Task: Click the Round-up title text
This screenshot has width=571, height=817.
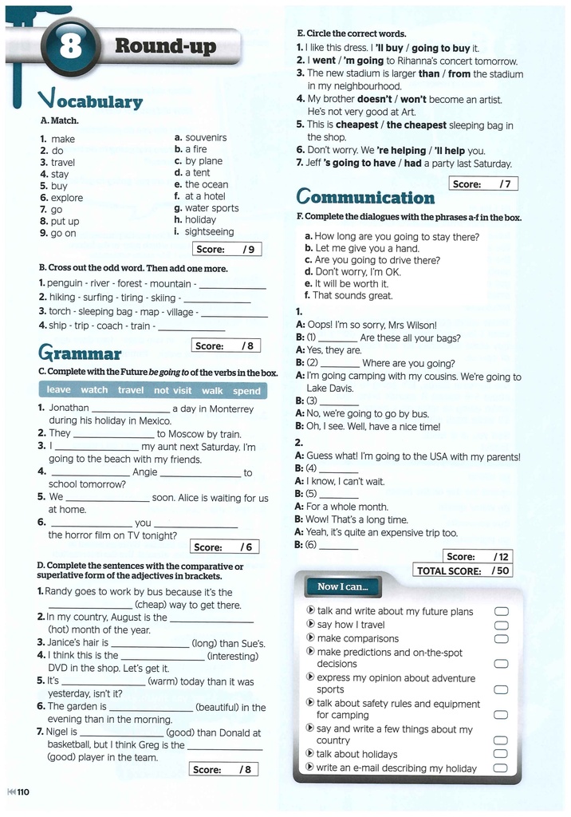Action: coord(165,45)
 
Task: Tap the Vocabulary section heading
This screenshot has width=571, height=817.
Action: coord(90,100)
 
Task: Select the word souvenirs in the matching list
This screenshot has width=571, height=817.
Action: coord(206,137)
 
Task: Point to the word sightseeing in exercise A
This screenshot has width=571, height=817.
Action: coord(210,231)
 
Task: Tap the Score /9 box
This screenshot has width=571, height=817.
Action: coord(227,249)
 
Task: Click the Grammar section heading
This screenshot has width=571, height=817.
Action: coord(80,353)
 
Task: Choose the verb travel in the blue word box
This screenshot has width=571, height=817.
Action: coord(131,390)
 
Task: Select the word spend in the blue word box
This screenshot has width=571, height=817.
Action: coord(246,391)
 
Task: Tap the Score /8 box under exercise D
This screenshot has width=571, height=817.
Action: coord(224,769)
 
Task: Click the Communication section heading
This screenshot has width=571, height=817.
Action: coord(365,197)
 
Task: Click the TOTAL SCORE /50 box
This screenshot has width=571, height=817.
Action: coord(463,570)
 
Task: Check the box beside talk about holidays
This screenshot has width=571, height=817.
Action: coord(501,754)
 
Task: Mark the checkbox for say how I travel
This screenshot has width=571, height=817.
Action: coord(501,625)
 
